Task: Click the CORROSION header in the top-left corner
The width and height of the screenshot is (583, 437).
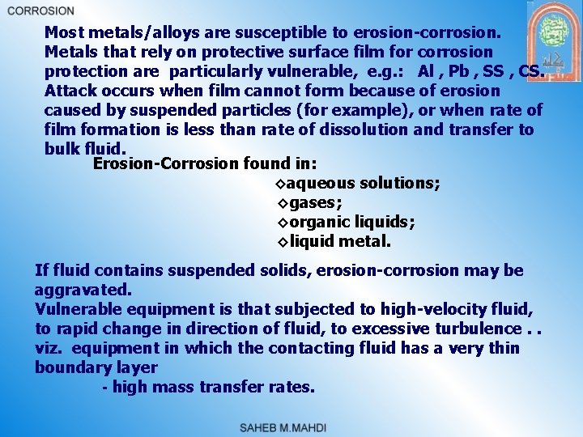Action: (x=40, y=11)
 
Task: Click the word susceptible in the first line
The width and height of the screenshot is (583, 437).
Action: (x=286, y=33)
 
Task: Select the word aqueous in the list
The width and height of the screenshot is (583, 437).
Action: (x=320, y=184)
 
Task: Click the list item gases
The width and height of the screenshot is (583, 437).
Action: (x=315, y=203)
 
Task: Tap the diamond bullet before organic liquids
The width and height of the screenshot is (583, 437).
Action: (x=283, y=223)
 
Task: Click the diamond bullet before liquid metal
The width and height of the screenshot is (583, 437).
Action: (x=283, y=242)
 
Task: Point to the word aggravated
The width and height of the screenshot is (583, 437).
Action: (x=83, y=290)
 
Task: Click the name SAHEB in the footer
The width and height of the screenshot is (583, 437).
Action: (x=262, y=426)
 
